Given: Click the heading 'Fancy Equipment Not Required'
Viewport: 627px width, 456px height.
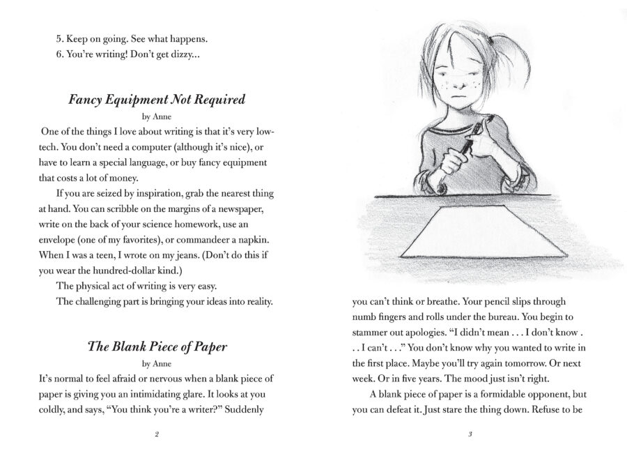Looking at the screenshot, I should [x=157, y=100].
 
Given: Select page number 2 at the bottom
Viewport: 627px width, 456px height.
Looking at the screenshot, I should [x=157, y=434].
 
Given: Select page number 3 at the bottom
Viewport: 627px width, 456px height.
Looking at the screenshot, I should [x=470, y=434].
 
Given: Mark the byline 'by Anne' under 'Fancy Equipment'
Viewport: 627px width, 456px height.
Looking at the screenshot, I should [x=157, y=117].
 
